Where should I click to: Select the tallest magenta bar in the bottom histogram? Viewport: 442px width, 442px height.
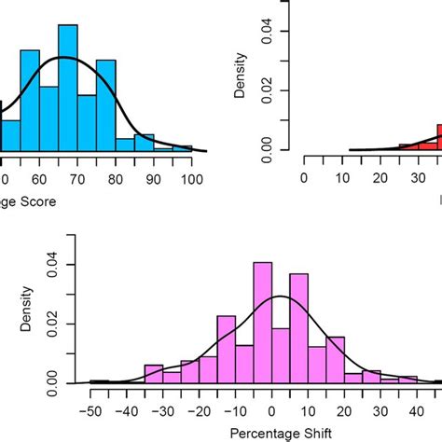(264, 322)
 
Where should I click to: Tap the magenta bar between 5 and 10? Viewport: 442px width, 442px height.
(299, 327)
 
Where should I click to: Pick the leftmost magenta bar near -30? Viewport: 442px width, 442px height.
(154, 373)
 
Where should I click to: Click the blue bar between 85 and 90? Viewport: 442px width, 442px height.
(145, 142)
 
